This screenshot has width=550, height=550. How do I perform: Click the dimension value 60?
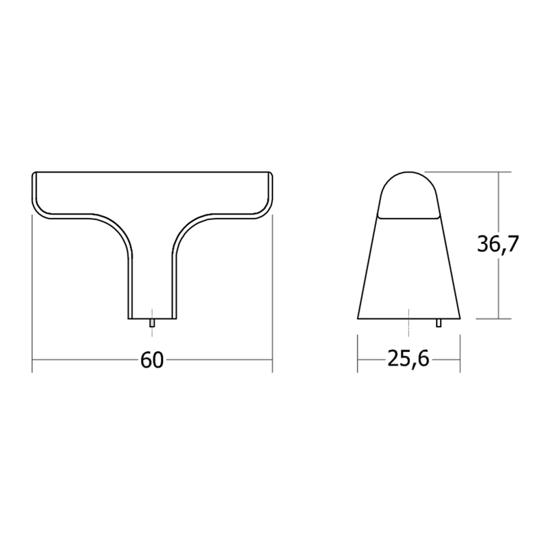coord(152,360)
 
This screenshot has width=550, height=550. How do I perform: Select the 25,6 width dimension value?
coord(408,360)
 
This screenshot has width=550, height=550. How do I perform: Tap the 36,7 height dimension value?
coord(497,244)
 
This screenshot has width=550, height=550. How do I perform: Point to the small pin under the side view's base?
coord(439,322)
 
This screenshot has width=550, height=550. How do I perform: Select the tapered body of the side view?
coord(408,268)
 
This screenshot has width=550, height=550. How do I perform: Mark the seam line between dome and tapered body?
coord(408,218)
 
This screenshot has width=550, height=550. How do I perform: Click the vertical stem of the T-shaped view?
coord(151,282)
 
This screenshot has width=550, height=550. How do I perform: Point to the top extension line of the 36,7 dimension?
coord(481,171)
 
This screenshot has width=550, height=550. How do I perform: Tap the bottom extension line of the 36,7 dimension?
coord(488,319)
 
